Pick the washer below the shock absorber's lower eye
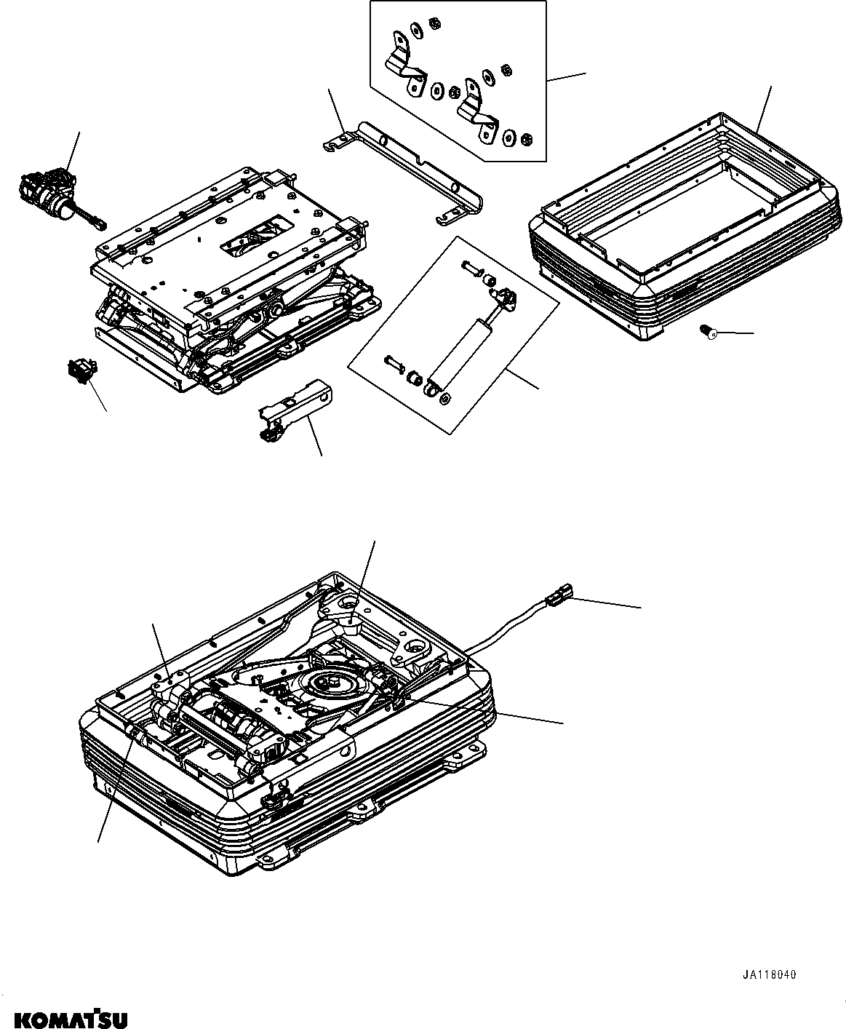[x=446, y=396]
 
